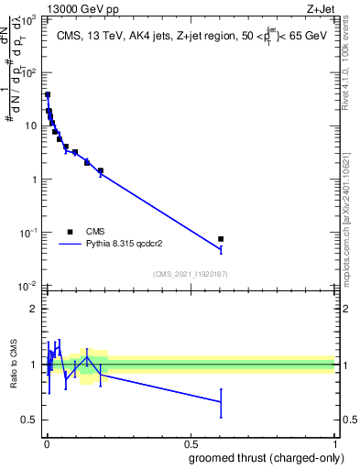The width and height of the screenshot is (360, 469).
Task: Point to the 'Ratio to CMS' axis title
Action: (15, 365)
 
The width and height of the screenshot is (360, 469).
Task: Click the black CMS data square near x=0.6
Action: (221, 239)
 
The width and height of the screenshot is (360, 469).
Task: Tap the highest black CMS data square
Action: (48, 94)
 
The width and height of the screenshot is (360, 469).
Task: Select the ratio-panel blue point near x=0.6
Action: (221, 401)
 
